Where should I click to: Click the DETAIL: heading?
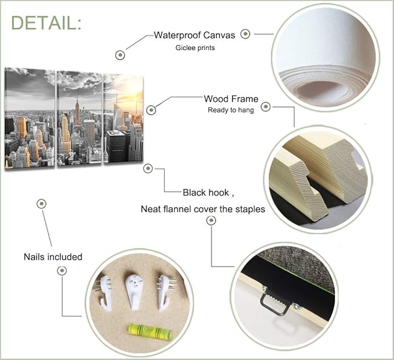[x=46, y=23]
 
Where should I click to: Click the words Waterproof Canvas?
[x=194, y=35]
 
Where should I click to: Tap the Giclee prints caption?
[x=195, y=48]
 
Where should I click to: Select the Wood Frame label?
[x=231, y=99]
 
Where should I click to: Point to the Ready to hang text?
[x=231, y=110]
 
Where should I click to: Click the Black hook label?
[x=206, y=192]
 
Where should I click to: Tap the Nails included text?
[x=53, y=257]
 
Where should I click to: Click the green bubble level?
[x=150, y=332]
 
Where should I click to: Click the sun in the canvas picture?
[x=135, y=88]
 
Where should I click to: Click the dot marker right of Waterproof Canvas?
[x=245, y=34]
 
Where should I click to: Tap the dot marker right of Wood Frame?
[x=265, y=107]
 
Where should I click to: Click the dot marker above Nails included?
[x=41, y=203]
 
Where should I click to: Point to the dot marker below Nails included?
[x=62, y=271]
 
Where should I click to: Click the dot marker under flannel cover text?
[x=211, y=220]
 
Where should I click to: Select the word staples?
[x=250, y=209]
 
